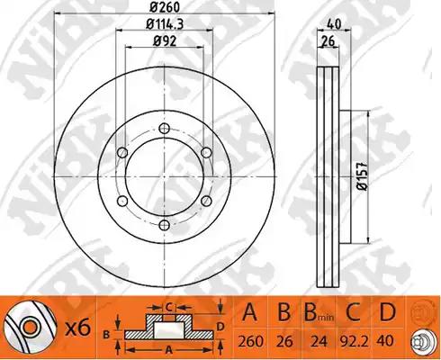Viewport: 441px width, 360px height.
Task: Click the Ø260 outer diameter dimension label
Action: click(165, 6)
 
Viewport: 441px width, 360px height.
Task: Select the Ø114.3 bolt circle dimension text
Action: click(165, 24)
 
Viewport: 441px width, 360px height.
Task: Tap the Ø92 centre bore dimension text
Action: click(165, 41)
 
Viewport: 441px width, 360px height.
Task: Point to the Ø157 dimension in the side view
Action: click(363, 176)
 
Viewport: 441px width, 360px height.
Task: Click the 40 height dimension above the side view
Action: click(334, 24)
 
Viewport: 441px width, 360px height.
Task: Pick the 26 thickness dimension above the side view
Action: click(328, 41)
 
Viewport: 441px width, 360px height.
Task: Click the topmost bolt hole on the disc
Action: click(165, 129)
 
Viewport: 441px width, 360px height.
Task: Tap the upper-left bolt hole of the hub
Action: click(122, 152)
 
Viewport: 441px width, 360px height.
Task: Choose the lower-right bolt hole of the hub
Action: click(206, 201)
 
